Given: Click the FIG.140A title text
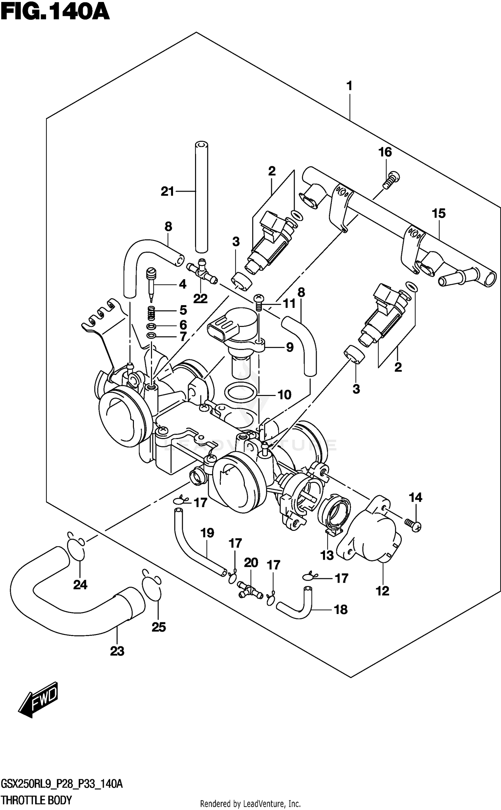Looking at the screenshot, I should [55, 12].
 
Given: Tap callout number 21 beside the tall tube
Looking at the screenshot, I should [168, 192].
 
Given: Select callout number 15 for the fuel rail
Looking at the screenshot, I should [439, 213].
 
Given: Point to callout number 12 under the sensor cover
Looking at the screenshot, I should [382, 591].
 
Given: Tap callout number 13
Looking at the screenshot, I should [327, 555].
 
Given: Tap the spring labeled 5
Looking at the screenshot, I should [152, 313].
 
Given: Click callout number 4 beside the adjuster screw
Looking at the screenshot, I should [182, 284].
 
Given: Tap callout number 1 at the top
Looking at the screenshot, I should [349, 86].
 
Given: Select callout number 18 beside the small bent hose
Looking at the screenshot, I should [341, 610].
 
